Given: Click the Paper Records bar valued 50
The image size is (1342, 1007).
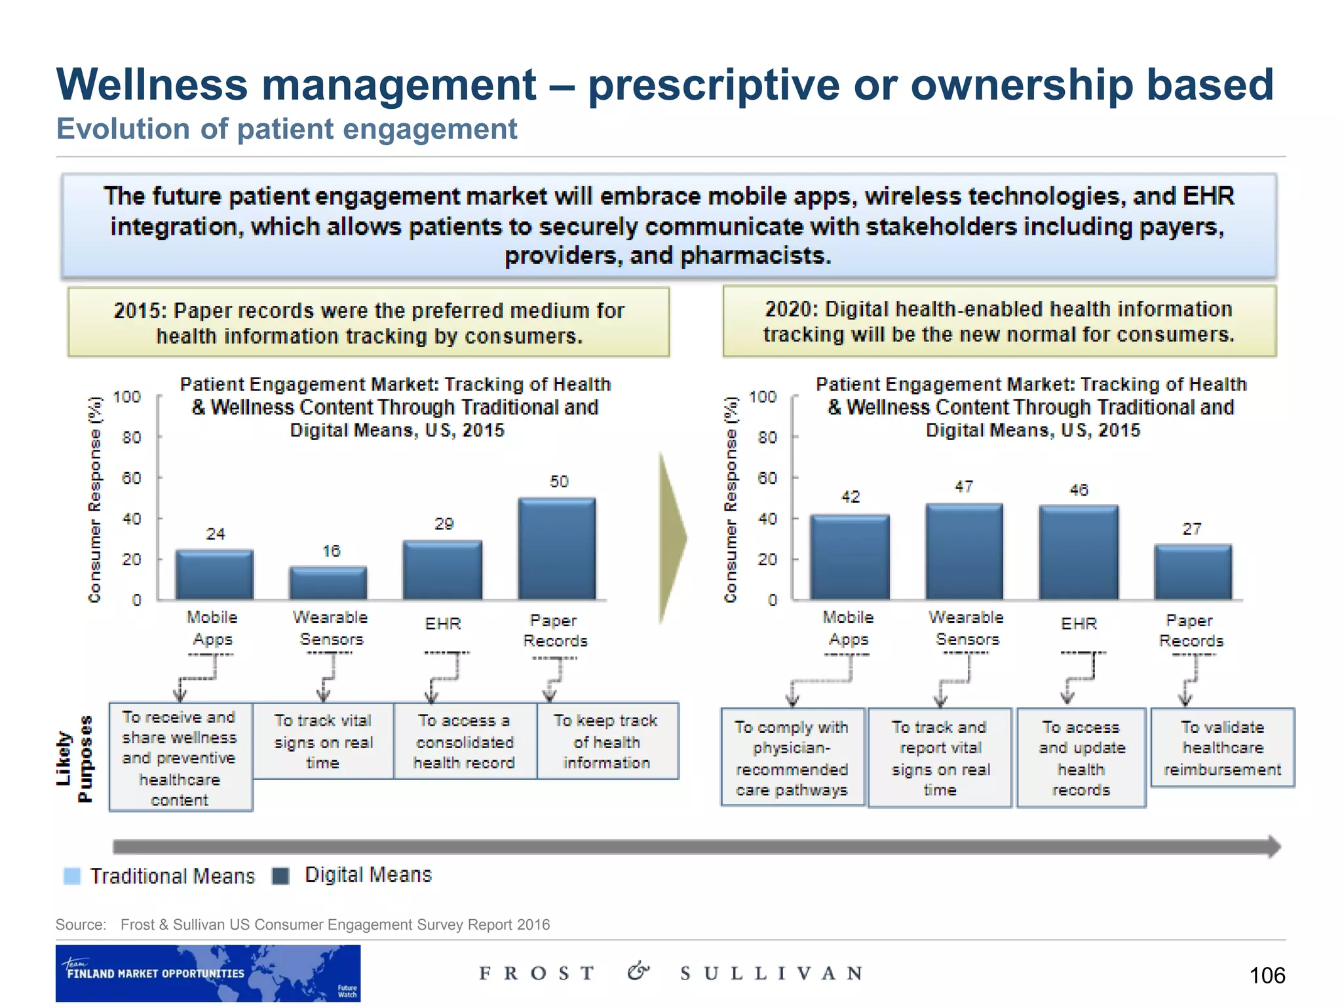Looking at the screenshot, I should tap(556, 549).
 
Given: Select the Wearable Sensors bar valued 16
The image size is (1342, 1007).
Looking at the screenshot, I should tap(328, 583).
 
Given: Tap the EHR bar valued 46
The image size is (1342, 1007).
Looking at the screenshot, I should tap(1079, 553).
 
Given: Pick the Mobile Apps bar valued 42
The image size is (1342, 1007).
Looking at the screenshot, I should tap(850, 557).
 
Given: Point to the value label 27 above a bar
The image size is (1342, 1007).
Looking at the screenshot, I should tap(1192, 529).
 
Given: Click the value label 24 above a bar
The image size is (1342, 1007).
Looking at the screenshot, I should tap(216, 534).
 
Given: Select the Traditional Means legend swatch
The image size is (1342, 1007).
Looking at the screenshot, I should tap(72, 876).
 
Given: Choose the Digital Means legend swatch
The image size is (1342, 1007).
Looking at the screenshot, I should tap(281, 876).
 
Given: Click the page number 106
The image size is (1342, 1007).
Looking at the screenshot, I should tap(1267, 976).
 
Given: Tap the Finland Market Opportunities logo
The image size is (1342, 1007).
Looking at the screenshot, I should tap(208, 973).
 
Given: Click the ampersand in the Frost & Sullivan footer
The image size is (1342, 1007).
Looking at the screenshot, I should tap(638, 972).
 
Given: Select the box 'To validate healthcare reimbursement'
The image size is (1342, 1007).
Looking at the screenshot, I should tap(1222, 747).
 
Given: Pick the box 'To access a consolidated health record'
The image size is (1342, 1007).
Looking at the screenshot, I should tap(465, 741).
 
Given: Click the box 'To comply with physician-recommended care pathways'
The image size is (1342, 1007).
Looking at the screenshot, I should tap(792, 757).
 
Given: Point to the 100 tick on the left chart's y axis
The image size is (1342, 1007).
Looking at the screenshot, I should tap(127, 397).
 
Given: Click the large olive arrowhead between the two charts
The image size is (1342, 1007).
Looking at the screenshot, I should tap(672, 538).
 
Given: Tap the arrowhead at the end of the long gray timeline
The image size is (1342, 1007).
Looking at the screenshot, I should tap(1273, 846).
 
